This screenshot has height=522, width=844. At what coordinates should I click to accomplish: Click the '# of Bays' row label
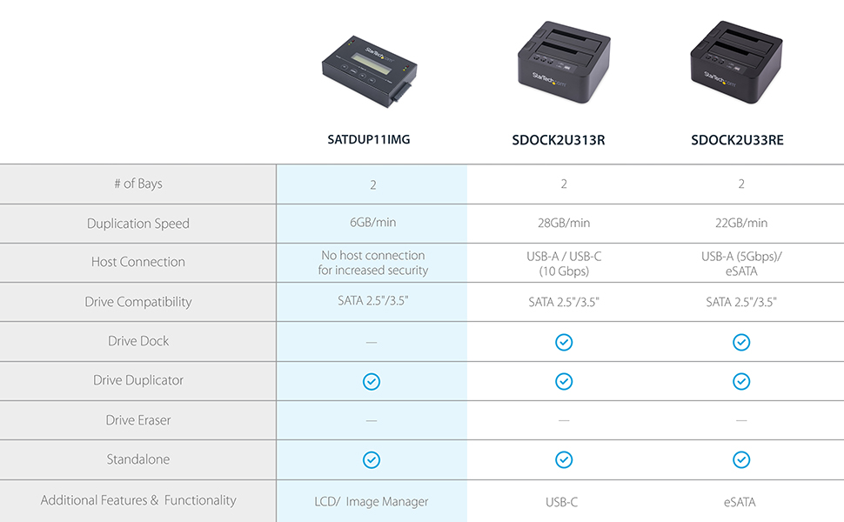138,184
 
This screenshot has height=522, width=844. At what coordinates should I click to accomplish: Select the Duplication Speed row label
138,224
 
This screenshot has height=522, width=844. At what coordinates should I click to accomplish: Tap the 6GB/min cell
372,223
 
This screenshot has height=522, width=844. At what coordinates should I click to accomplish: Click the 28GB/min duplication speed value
564,224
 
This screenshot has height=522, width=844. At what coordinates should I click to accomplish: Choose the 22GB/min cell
740,224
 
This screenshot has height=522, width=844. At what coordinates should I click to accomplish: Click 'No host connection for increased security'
372,263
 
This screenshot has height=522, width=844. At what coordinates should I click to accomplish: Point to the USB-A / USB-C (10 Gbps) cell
564,263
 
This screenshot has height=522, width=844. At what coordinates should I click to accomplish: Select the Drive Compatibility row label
138,302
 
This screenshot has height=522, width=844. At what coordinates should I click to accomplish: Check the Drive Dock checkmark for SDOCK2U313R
564,342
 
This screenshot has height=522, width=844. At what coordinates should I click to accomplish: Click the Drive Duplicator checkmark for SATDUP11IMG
372,381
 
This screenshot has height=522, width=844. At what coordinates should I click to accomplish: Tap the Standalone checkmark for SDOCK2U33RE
740,459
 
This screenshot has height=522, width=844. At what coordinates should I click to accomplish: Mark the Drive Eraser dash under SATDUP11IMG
372,421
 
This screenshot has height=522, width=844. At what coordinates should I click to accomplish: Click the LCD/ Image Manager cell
372,501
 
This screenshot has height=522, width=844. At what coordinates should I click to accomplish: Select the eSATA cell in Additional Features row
740,501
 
